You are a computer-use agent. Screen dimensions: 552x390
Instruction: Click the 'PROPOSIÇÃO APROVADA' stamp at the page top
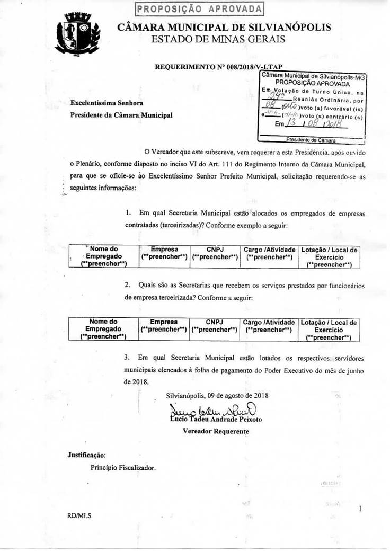pyautogui.click(x=199, y=9)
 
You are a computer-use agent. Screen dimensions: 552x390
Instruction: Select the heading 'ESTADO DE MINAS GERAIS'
pyautogui.click(x=218, y=39)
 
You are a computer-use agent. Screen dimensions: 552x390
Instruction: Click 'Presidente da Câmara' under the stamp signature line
pyautogui.click(x=311, y=140)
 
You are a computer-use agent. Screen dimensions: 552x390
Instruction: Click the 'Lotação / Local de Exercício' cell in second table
pyautogui.click(x=329, y=329)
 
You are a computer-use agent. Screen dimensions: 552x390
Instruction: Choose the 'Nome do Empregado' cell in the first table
pyautogui.click(x=104, y=256)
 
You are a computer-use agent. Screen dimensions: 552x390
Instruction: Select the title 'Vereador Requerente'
pyautogui.click(x=216, y=431)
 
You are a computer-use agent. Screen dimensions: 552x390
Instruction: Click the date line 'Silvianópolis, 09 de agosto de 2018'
pyautogui.click(x=217, y=395)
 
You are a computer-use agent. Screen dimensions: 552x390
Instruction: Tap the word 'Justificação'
pyautogui.click(x=86, y=455)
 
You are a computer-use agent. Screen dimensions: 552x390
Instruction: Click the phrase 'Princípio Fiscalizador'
pyautogui.click(x=123, y=468)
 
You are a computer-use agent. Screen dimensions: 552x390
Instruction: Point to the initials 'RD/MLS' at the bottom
pyautogui.click(x=79, y=514)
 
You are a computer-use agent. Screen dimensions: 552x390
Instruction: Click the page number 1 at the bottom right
pyautogui.click(x=360, y=509)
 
